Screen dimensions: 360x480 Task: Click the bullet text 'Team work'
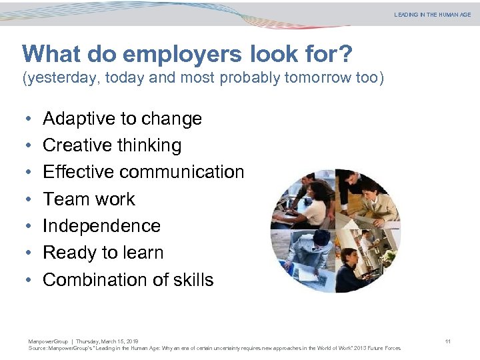click(x=89, y=199)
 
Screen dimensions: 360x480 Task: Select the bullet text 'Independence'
click(x=101, y=226)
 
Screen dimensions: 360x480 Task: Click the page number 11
click(x=448, y=342)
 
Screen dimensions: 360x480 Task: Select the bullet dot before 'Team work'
click(x=26, y=200)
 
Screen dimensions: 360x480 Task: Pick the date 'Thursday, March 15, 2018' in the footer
click(x=107, y=342)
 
